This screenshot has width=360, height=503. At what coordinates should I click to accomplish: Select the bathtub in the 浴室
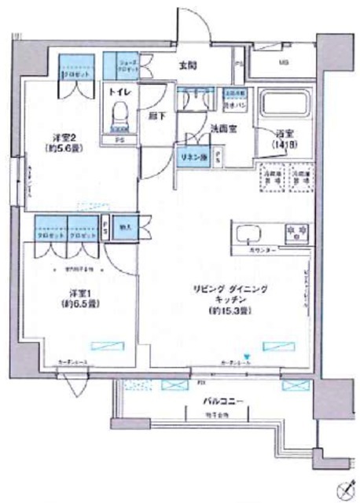285,105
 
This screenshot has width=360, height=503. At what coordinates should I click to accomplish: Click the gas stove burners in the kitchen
292,231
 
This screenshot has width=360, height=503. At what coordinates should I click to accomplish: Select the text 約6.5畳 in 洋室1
80,303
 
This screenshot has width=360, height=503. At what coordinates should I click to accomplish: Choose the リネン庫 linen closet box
192,156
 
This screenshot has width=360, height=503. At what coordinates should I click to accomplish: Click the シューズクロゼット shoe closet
123,65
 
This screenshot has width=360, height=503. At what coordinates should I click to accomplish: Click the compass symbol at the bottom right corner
343,486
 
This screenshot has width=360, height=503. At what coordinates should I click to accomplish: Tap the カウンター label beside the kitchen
259,249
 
